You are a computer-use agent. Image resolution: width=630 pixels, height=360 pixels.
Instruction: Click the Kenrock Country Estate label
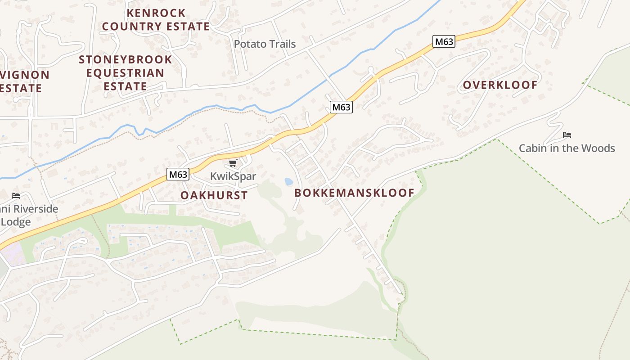pos(156,19)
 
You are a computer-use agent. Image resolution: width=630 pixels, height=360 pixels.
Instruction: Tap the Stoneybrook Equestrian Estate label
pos(126,72)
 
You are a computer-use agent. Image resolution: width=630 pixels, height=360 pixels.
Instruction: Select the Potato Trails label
pos(265,44)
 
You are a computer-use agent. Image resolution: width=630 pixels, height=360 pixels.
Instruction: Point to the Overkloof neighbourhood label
pos(500,85)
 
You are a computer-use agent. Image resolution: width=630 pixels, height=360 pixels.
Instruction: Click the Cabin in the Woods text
pos(567,148)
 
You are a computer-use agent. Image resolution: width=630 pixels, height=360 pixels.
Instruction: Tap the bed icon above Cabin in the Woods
pos(567,135)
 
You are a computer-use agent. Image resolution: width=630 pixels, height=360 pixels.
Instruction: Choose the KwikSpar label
pos(233,176)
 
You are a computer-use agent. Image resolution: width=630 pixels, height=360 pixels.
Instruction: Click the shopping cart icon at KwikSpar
pos(233,163)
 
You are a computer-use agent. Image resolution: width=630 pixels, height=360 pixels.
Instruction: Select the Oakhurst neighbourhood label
pos(214,195)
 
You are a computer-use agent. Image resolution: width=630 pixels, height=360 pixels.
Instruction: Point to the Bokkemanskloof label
pos(354,193)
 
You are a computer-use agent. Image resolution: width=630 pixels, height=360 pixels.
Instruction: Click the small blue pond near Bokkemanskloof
pos(288,181)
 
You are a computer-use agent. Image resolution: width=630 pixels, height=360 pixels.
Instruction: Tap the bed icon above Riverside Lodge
pos(16,195)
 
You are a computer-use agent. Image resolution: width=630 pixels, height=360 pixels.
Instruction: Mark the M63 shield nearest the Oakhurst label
pos(178,174)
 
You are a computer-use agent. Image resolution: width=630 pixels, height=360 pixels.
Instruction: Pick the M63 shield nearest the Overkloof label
pos(444,42)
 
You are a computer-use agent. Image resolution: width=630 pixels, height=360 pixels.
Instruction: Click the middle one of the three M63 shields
pos(341,107)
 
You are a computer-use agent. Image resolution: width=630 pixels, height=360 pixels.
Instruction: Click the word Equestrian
pos(125,72)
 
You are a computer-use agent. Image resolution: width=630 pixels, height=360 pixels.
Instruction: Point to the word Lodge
pos(16,221)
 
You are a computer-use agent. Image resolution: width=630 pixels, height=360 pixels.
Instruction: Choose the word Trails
pos(280,44)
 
